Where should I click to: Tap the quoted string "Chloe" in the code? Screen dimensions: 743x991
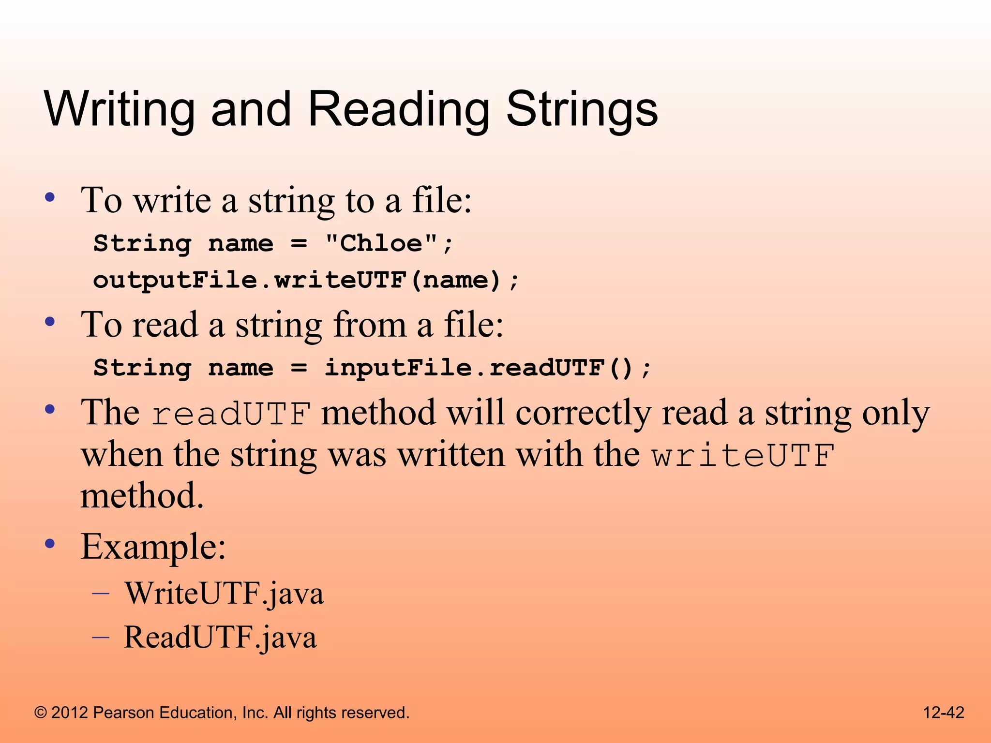pyautogui.click(x=381, y=243)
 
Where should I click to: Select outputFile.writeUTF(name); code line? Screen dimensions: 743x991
pyautogui.click(x=306, y=281)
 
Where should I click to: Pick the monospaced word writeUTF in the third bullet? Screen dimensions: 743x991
pyautogui.click(x=743, y=456)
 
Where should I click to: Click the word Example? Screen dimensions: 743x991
pyautogui.click(x=153, y=547)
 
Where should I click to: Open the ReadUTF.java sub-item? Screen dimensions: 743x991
pyautogui.click(x=221, y=637)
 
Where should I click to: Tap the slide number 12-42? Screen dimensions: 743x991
pyautogui.click(x=943, y=713)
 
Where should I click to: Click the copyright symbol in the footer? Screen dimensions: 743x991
pyautogui.click(x=41, y=713)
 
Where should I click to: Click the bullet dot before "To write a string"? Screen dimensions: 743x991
pyautogui.click(x=49, y=197)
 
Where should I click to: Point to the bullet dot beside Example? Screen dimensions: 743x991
pyautogui.click(x=49, y=543)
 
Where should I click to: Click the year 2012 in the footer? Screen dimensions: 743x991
pyautogui.click(x=70, y=713)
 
